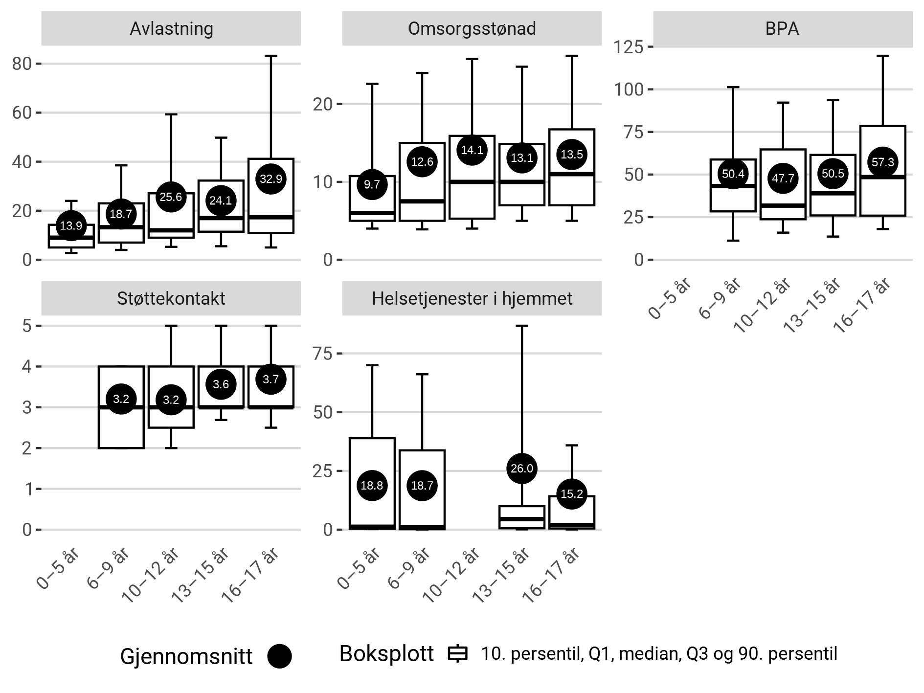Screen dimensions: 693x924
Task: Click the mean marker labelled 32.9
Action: pos(270,179)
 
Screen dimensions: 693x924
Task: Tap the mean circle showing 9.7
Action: pos(372,184)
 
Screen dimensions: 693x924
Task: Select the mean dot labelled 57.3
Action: pos(882,162)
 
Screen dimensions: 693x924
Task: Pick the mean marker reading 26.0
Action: pos(521,469)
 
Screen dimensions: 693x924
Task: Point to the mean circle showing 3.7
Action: pos(270,379)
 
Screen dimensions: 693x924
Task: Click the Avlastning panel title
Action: pos(171,29)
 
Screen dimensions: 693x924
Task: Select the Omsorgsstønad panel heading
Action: pos(472,29)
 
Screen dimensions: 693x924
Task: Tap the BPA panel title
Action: pos(782,29)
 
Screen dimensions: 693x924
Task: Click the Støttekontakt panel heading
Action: pos(171,298)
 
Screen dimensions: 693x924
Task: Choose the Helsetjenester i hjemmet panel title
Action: pos(472,298)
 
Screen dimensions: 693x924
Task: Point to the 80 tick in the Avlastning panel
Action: pos(22,64)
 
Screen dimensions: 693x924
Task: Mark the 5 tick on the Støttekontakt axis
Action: pos(27,326)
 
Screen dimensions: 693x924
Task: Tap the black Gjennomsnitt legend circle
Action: pos(279,656)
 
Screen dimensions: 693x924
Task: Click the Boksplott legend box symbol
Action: pos(458,654)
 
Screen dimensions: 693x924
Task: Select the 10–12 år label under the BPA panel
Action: pos(763,306)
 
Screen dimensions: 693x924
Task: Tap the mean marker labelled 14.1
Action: pos(472,150)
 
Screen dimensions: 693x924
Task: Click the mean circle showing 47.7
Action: pos(783,179)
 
